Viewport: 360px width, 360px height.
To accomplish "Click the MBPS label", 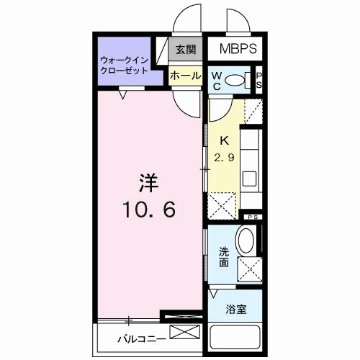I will [x=234, y=51].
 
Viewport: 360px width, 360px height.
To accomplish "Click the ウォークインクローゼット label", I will [x=124, y=66].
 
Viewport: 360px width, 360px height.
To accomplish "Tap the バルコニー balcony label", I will [x=143, y=338].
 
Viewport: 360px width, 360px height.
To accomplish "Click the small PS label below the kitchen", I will [x=253, y=217].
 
